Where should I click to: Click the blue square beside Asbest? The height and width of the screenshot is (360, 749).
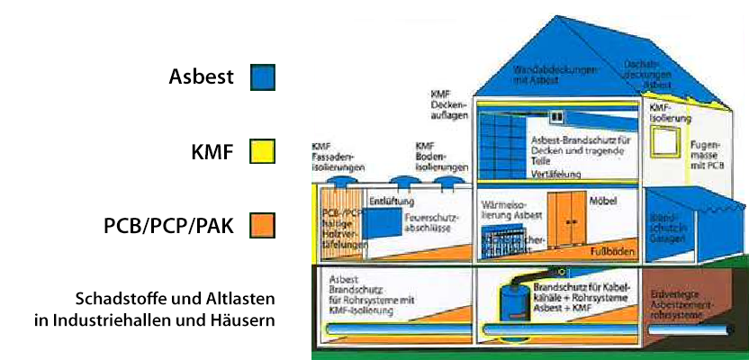click(x=262, y=77)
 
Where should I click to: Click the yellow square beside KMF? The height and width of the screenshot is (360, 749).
click(x=262, y=152)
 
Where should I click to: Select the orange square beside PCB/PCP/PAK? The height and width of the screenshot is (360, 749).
click(x=262, y=225)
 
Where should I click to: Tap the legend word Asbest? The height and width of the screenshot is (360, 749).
click(x=201, y=77)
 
